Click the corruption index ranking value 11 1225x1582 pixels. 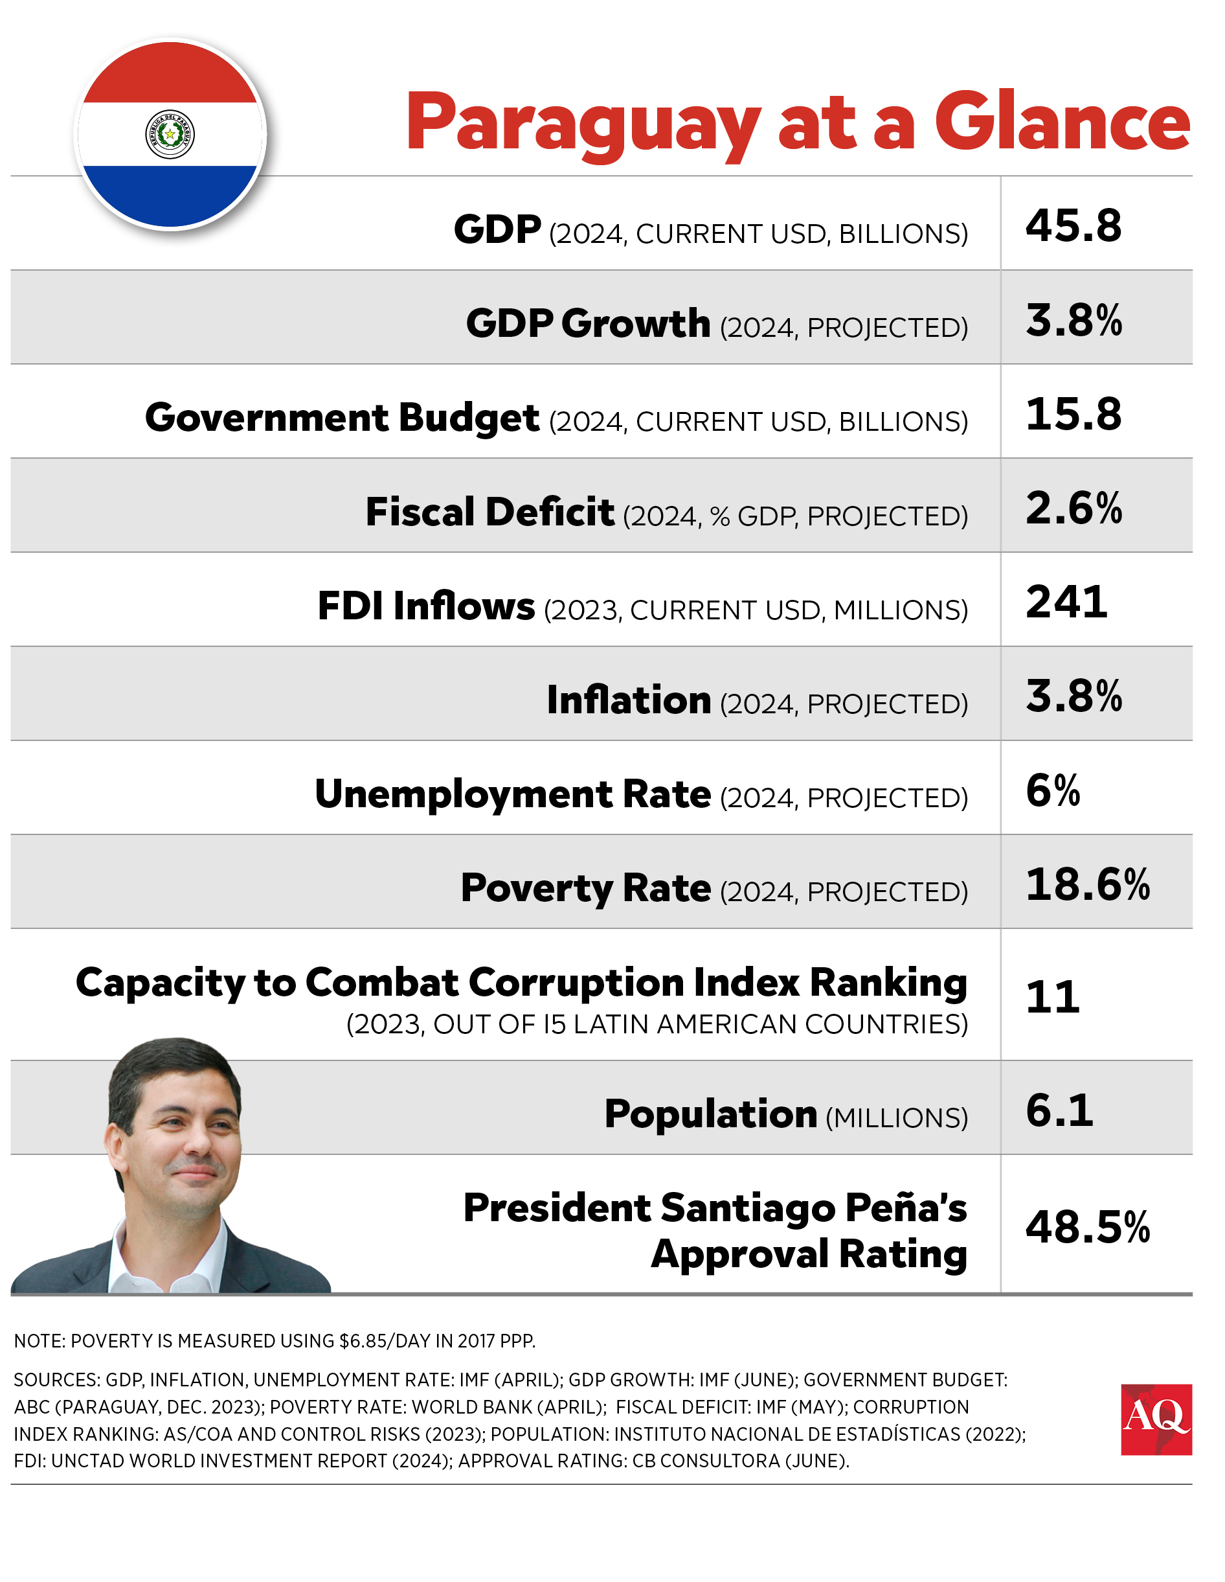pos(1052,998)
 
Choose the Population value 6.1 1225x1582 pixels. pos(1059,1110)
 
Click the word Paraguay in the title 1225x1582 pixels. pos(583,123)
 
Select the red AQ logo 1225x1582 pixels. pos(1156,1420)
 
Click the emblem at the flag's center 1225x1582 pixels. pos(170,134)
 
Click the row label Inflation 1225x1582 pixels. pos(629,700)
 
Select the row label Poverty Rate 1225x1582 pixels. pos(585,889)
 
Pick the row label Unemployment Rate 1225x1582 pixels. pos(513,795)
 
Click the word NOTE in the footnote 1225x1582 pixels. pos(39,1341)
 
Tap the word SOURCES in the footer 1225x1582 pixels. pos(56,1380)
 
